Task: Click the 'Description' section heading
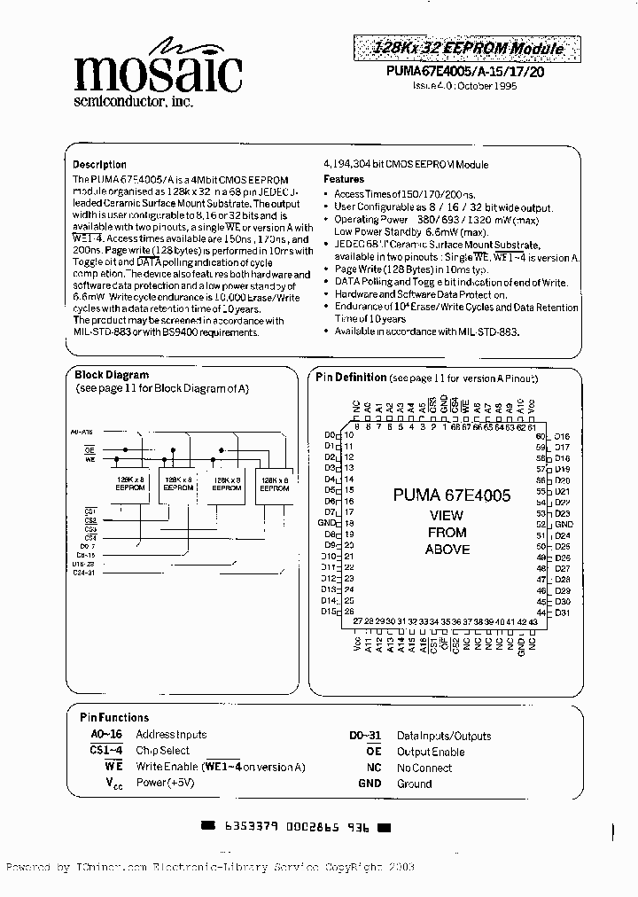[x=99, y=165]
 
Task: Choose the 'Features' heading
[x=344, y=179]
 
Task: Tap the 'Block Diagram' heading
[x=112, y=375]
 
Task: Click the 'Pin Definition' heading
[x=352, y=378]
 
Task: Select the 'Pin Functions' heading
[x=114, y=717]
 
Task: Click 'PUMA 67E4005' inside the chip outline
[x=452, y=496]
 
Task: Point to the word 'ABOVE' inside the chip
[x=447, y=550]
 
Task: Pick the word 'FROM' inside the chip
[x=447, y=533]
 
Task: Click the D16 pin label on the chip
[x=562, y=436]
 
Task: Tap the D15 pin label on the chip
[x=329, y=612]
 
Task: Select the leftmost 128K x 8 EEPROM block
[x=131, y=483]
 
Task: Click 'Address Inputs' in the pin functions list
[x=171, y=734]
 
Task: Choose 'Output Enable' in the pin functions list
[x=431, y=751]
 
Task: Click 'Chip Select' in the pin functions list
[x=162, y=751]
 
